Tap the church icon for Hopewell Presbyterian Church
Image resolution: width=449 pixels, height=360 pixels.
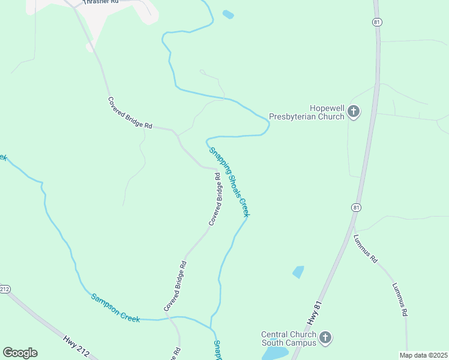(354, 112)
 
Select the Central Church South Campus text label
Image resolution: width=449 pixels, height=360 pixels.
(288, 339)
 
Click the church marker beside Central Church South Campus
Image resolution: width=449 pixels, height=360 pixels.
(325, 338)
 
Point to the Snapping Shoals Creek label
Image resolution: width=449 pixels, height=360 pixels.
(229, 182)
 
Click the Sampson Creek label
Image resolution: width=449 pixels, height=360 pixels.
(115, 307)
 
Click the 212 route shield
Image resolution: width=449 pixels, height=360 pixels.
(5, 289)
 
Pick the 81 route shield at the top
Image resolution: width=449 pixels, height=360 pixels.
(376, 22)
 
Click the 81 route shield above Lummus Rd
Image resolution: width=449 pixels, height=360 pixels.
(356, 208)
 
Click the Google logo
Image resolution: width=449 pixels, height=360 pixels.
(20, 353)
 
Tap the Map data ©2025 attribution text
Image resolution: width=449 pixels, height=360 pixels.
(423, 355)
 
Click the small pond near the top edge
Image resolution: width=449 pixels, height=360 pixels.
(228, 14)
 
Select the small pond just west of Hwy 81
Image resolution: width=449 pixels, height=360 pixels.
(298, 272)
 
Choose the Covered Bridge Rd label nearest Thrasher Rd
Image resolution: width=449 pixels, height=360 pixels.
(130, 113)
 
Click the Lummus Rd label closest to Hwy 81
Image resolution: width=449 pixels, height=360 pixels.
(365, 247)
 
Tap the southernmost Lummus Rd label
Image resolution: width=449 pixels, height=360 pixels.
(400, 299)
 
